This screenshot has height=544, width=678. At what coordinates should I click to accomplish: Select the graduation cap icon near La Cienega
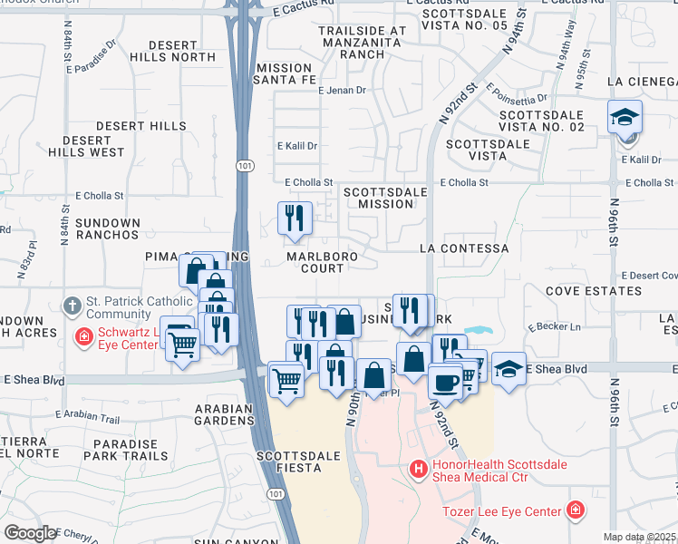click(625, 119)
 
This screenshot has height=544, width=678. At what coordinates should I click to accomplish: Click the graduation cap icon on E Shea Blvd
click(508, 367)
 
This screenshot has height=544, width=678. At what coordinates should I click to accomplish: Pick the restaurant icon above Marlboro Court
click(295, 218)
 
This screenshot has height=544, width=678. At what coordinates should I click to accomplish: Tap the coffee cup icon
click(444, 381)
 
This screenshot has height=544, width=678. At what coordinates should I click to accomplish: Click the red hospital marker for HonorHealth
click(418, 470)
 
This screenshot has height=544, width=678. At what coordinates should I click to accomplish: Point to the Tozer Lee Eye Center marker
click(575, 510)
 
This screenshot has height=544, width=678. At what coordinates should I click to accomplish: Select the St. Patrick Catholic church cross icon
click(73, 306)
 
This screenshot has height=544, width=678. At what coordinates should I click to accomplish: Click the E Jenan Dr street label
click(341, 91)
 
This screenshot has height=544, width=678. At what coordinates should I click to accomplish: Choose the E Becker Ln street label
click(558, 325)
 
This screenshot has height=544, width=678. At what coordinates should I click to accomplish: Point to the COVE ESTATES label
click(594, 292)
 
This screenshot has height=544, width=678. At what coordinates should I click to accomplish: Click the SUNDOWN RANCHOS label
click(108, 229)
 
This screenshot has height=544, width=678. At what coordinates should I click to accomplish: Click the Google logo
click(30, 532)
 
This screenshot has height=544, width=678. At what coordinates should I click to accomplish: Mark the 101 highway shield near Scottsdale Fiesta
click(273, 491)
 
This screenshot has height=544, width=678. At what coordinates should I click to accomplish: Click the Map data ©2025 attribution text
click(638, 537)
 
